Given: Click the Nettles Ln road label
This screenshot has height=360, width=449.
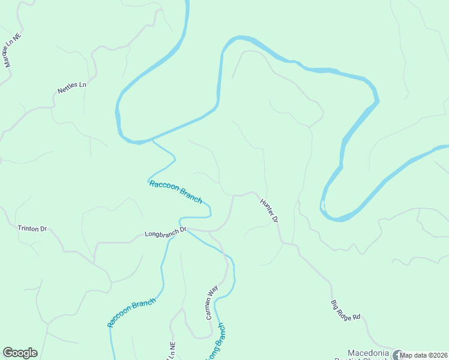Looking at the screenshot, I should tap(72, 88).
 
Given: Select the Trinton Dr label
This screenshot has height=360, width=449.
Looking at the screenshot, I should tap(32, 229).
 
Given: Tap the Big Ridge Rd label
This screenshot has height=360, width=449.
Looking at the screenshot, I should tap(346, 310).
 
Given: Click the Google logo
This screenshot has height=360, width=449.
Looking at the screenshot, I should tap(20, 353).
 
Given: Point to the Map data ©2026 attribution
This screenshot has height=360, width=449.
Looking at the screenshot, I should tap(424, 355).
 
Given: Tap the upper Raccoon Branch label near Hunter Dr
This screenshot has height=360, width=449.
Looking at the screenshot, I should tap(175, 191).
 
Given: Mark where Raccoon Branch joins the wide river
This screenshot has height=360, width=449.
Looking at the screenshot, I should tap(152, 140).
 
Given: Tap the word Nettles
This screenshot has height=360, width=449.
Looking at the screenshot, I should tap(68, 89).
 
